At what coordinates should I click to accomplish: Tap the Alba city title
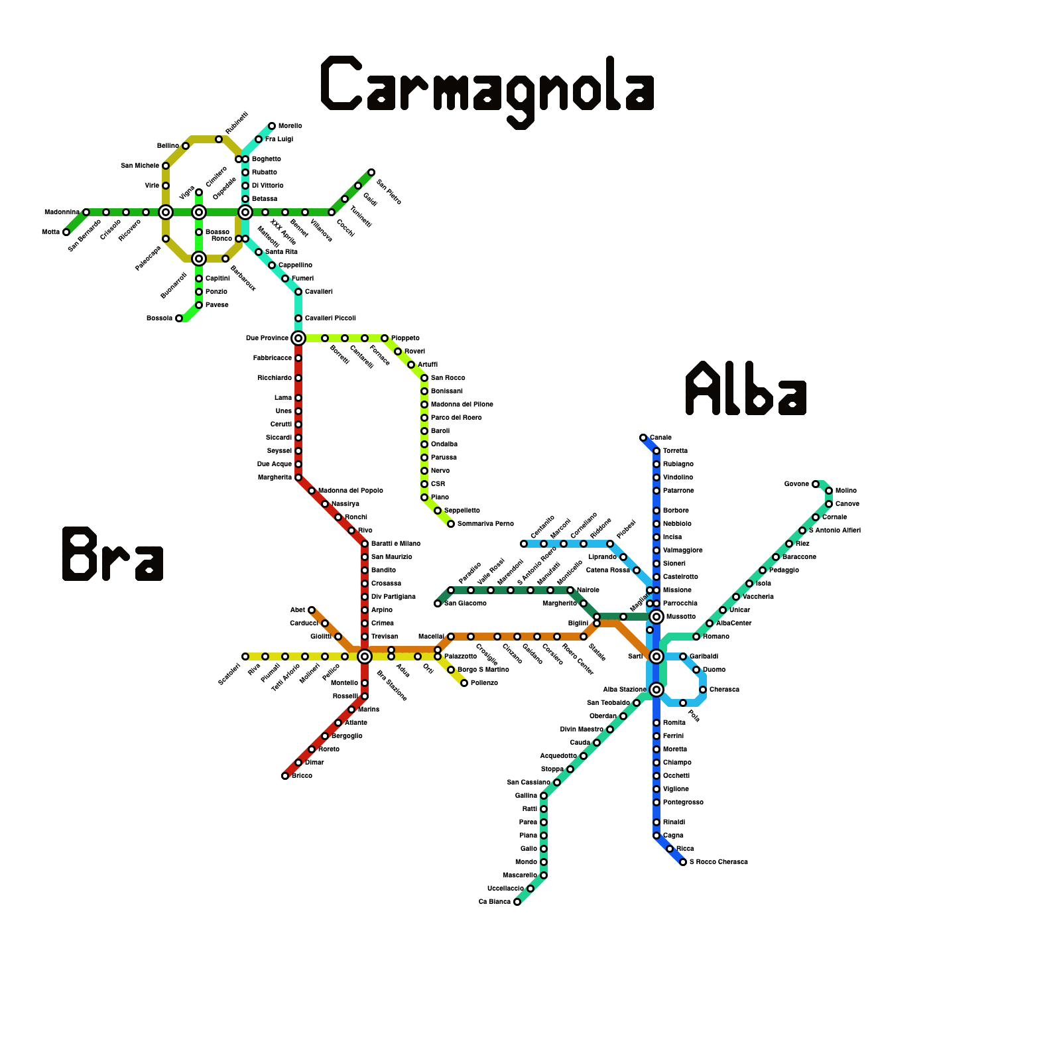tap(746, 389)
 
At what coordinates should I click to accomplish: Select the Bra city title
tap(113, 554)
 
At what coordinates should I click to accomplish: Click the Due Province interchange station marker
tap(298, 338)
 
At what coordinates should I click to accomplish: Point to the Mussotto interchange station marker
tap(656, 617)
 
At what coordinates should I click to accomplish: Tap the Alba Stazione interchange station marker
tap(656, 690)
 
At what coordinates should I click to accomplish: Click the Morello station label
tap(290, 126)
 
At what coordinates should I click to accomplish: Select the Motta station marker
tap(66, 232)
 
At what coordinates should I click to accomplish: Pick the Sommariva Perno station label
tap(485, 524)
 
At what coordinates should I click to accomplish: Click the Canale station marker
tap(643, 438)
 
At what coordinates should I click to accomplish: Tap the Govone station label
tap(796, 484)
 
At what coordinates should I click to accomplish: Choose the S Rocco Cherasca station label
tap(718, 862)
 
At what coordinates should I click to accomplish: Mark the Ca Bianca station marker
tap(517, 902)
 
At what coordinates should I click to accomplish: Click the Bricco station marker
tap(285, 776)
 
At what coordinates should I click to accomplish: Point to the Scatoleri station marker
tap(245, 656)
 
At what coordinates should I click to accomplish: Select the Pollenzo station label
tap(484, 683)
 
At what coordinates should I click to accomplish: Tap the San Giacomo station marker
tap(438, 603)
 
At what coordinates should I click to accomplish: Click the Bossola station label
tap(159, 318)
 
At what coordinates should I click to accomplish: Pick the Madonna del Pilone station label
tap(462, 405)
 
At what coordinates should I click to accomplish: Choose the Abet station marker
tap(312, 610)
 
